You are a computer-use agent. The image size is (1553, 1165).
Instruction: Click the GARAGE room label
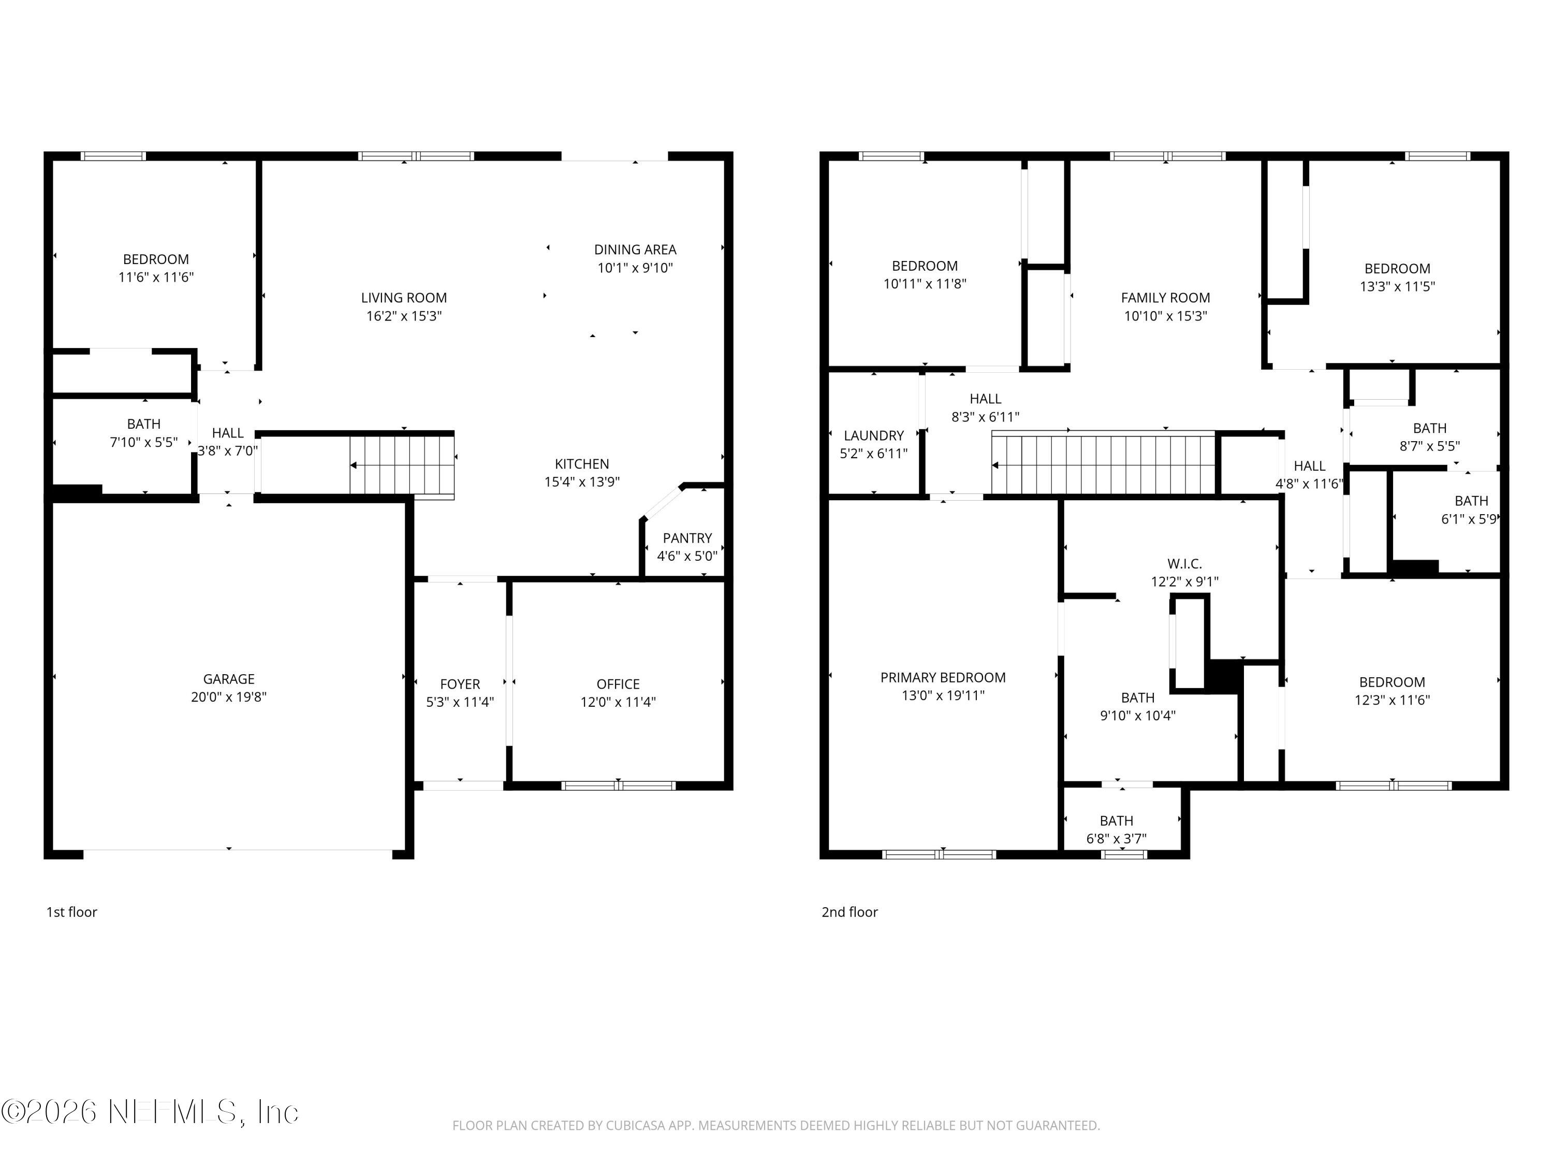[x=228, y=679]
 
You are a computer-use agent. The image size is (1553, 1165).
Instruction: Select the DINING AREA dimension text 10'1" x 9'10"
[x=635, y=268]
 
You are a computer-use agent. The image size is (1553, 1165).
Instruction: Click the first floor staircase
[x=402, y=465]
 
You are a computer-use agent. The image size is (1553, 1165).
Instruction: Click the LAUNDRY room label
[x=873, y=435]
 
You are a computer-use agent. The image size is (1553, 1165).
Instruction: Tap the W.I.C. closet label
[x=1184, y=563]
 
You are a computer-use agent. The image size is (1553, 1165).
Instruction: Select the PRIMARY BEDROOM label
[x=943, y=677]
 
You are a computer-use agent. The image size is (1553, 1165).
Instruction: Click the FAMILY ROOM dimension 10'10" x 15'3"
[x=1165, y=316]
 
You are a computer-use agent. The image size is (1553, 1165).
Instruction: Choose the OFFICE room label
[x=618, y=683]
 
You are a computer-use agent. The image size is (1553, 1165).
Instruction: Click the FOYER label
[x=460, y=683]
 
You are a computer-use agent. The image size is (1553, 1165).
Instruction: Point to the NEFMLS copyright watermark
[x=150, y=1112]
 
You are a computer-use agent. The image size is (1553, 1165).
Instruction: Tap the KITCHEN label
[x=581, y=463]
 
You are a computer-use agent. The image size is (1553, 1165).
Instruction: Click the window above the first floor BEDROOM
[x=113, y=156]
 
